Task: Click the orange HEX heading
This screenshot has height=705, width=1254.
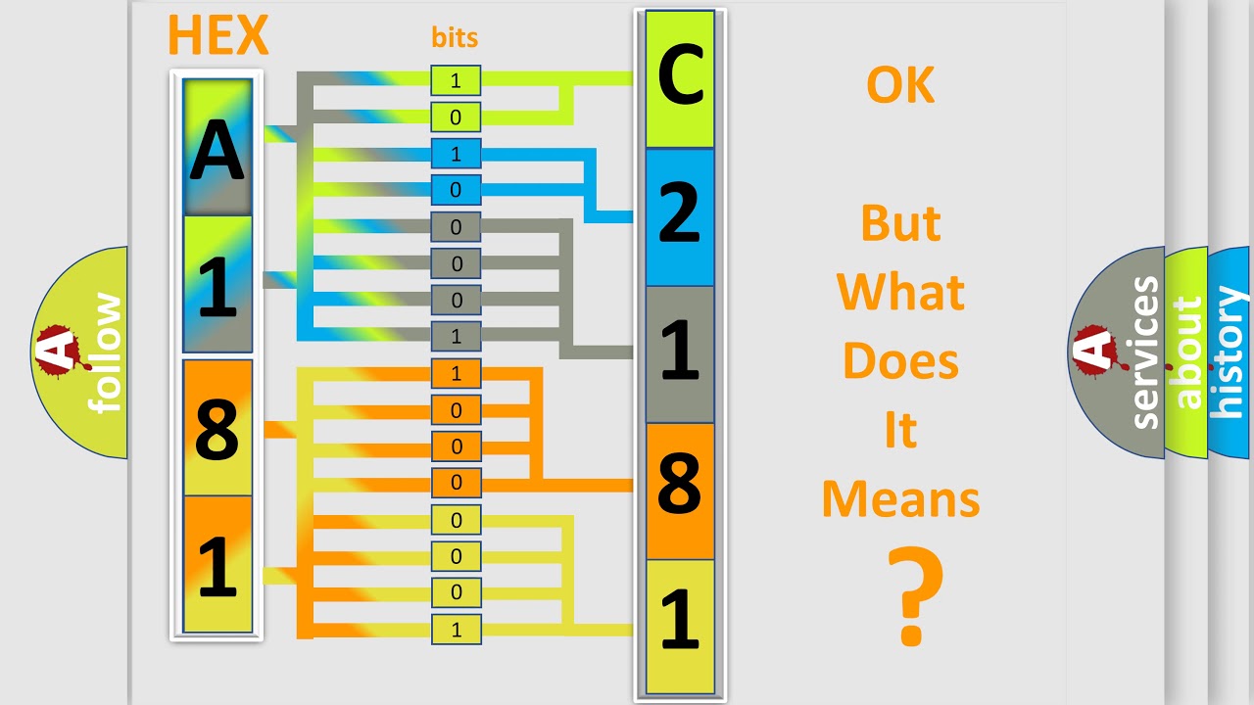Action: (x=217, y=36)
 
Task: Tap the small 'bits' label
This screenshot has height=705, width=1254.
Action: (x=455, y=38)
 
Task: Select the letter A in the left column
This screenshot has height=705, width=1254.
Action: (x=217, y=149)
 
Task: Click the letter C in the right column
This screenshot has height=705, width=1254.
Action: (x=681, y=78)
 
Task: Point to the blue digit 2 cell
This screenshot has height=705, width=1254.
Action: (x=681, y=216)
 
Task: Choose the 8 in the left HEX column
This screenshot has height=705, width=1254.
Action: (x=217, y=429)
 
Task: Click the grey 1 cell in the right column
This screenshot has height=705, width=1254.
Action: (x=681, y=353)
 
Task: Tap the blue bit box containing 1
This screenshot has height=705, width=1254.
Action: (x=456, y=154)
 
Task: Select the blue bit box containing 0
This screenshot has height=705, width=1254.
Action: (x=456, y=190)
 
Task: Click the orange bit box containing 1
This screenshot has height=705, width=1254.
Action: (x=456, y=374)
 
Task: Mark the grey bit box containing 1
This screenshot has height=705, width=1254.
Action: (x=456, y=337)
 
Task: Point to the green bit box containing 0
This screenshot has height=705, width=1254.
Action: (x=456, y=117)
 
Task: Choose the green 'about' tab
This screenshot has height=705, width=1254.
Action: (x=1186, y=352)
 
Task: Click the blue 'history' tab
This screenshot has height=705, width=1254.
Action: (x=1230, y=352)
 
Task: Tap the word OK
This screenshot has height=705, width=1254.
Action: (x=900, y=86)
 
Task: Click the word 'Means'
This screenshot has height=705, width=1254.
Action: (x=900, y=499)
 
